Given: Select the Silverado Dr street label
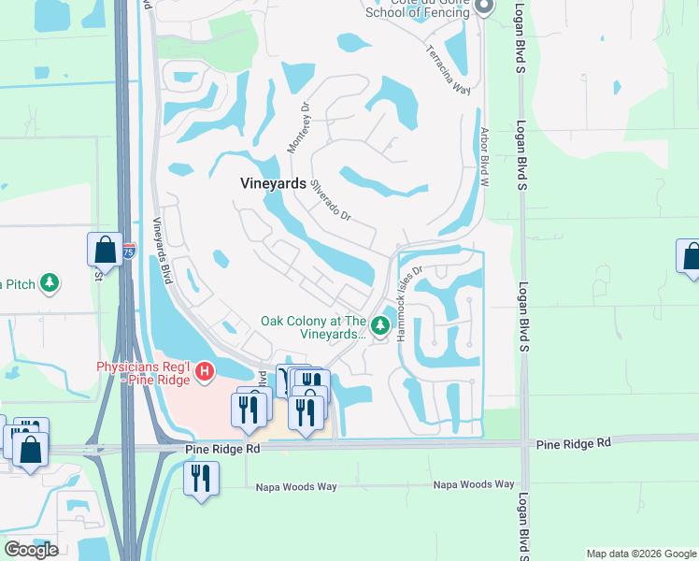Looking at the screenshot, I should (331, 200).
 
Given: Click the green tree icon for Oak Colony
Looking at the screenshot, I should (379, 325).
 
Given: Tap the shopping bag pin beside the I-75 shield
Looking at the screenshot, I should (105, 250).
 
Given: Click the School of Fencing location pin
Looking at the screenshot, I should (483, 8).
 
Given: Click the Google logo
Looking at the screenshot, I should (31, 550).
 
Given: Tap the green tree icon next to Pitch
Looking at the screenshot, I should (50, 282).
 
